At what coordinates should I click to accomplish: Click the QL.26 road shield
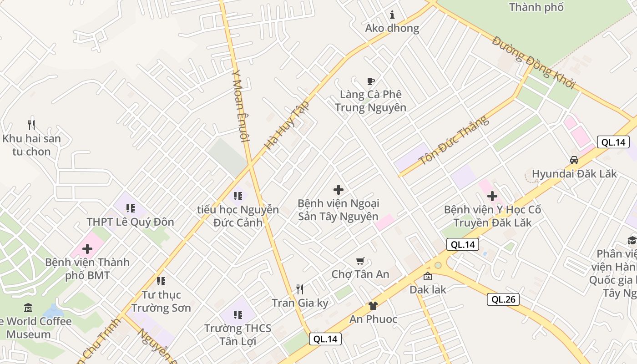point(503,299)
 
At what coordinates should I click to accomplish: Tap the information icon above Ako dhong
point(392,15)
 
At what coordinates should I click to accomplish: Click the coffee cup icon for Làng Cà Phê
point(371,81)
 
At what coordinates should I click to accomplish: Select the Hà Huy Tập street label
point(287,126)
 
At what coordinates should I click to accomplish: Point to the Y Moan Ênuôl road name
point(241,105)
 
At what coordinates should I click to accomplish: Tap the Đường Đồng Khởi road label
point(534,62)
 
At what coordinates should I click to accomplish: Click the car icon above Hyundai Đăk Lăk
point(574,160)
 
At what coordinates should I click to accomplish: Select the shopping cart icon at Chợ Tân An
point(360,261)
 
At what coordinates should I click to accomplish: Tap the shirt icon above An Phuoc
point(373,306)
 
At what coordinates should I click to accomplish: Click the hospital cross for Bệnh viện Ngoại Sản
point(339,190)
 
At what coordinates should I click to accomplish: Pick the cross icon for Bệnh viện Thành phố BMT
point(87,249)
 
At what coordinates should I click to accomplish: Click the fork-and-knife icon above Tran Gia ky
point(300,289)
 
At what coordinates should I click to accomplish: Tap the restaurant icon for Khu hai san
point(31,125)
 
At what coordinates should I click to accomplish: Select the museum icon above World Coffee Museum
point(28,308)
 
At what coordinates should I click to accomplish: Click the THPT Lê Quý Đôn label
point(131,222)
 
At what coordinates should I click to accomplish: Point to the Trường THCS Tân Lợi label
point(238,334)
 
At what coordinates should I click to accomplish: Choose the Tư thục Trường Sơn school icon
point(161,281)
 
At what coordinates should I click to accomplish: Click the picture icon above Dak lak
point(428,276)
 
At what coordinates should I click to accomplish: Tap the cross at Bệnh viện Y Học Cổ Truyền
point(492,197)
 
